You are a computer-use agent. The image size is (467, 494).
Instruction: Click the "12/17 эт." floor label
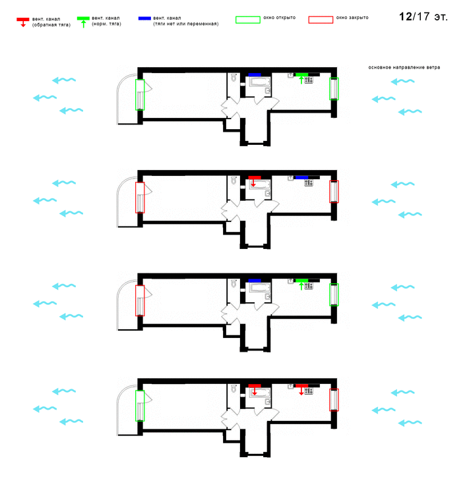tap(423, 16)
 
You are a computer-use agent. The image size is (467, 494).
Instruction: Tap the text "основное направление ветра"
tap(404, 67)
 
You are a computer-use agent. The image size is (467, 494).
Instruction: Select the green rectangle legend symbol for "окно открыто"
tap(248, 20)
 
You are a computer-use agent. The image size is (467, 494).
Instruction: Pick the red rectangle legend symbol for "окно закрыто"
tap(321, 20)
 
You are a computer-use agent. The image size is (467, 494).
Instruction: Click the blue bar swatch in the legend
tap(144, 18)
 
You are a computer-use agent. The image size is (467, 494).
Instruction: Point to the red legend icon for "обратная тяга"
tap(22, 22)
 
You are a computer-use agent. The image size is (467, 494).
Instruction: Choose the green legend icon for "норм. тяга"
tap(83, 22)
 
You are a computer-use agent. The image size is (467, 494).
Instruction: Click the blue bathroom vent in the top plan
tap(255, 74)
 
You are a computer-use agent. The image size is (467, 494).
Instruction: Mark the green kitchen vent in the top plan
tap(301, 78)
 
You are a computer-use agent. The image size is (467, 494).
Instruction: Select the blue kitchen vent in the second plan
tap(301, 178)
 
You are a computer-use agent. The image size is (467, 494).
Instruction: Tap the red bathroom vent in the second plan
tap(255, 180)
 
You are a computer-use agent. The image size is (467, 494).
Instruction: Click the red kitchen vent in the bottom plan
tap(301, 389)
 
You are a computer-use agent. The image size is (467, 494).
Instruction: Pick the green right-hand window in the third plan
tap(334, 294)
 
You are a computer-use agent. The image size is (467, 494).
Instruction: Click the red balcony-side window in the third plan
tap(140, 300)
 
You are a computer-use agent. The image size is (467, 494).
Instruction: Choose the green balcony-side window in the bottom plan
tap(140, 406)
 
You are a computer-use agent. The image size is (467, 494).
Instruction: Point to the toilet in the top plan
tap(233, 78)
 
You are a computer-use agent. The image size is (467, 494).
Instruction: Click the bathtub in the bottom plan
tap(260, 393)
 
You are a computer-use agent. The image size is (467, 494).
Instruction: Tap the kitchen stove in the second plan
tap(309, 182)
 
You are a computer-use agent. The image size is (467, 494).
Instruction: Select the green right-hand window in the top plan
tap(334, 89)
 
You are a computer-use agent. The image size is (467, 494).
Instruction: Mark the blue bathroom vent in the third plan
tap(255, 281)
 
